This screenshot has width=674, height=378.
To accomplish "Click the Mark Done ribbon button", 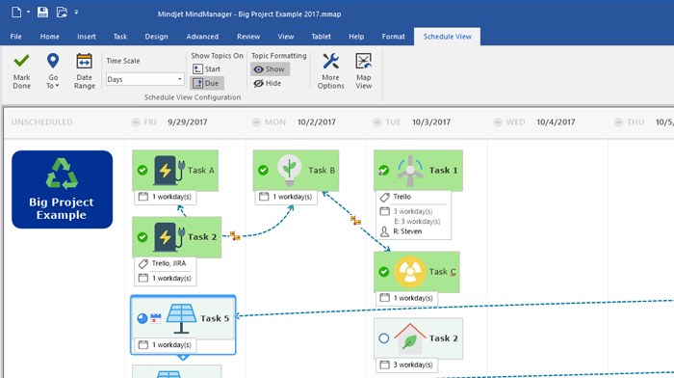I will (x=21, y=70).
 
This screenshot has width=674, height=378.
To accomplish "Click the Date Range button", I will (x=85, y=70).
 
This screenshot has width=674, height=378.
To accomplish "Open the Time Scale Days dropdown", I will (x=144, y=79).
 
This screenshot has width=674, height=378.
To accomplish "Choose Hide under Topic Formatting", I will (x=268, y=83).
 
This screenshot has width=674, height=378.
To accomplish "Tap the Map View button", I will (x=363, y=70).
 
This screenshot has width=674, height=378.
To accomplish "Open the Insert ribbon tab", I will (x=86, y=36).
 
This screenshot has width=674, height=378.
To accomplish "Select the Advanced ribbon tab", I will (x=201, y=36).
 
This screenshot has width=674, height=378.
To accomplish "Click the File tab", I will (x=16, y=36).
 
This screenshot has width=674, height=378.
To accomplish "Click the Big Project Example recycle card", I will (x=62, y=189).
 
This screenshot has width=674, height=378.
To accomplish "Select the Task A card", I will (x=175, y=170).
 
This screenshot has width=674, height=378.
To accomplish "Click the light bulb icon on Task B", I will (x=287, y=170).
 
